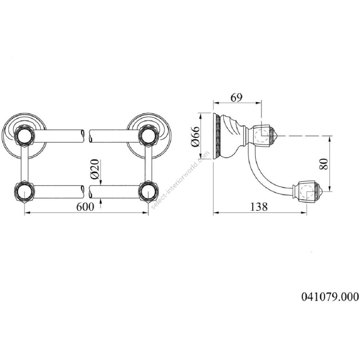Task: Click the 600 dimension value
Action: pos(85,207)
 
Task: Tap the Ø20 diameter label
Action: pos(95,169)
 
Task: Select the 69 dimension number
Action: pos(236,98)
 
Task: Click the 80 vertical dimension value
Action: pos(324,164)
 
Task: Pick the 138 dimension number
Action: pos(259,207)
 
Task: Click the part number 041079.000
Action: pos(330,297)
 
